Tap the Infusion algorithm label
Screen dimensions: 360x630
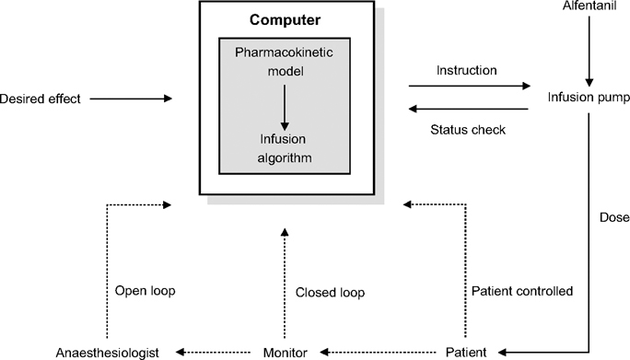pyautogui.click(x=284, y=149)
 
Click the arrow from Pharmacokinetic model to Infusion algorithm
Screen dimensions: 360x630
pyautogui.click(x=284, y=109)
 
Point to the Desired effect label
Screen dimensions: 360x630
pyautogui.click(x=41, y=98)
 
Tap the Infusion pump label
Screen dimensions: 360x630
pyautogui.click(x=587, y=97)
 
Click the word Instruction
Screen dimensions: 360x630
pyautogui.click(x=467, y=70)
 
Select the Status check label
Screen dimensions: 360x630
pyautogui.click(x=467, y=130)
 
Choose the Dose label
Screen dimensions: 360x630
pyautogui.click(x=612, y=218)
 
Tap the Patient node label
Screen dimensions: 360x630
pyautogui.click(x=465, y=352)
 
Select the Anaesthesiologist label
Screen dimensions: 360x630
pyautogui.click(x=107, y=352)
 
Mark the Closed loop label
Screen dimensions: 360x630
pyautogui.click(x=329, y=293)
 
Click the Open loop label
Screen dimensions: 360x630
pyautogui.click(x=145, y=290)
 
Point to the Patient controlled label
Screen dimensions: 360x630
pyautogui.click(x=521, y=291)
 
